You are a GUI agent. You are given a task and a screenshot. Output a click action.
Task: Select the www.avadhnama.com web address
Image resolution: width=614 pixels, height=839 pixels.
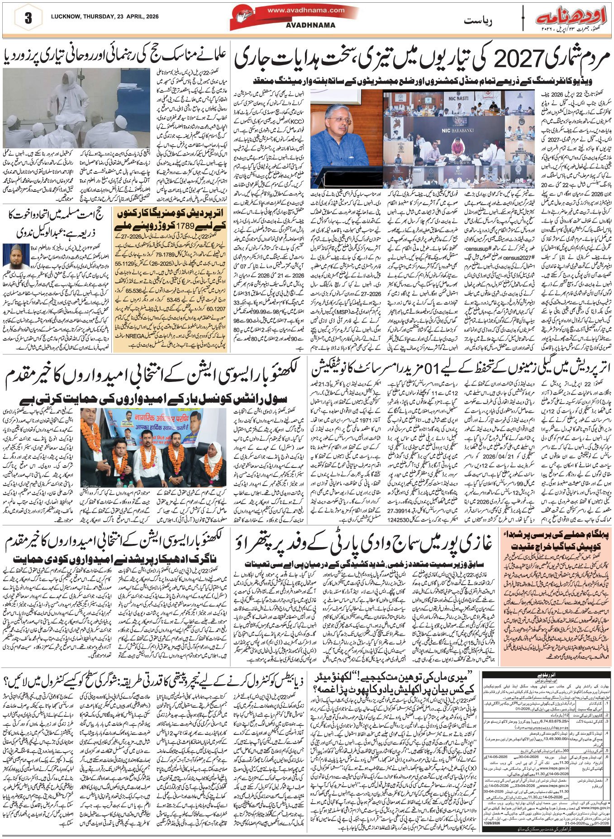click(x=305, y=10)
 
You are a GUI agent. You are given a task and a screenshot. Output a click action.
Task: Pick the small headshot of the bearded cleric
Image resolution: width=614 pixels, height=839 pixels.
click(x=12, y=256)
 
